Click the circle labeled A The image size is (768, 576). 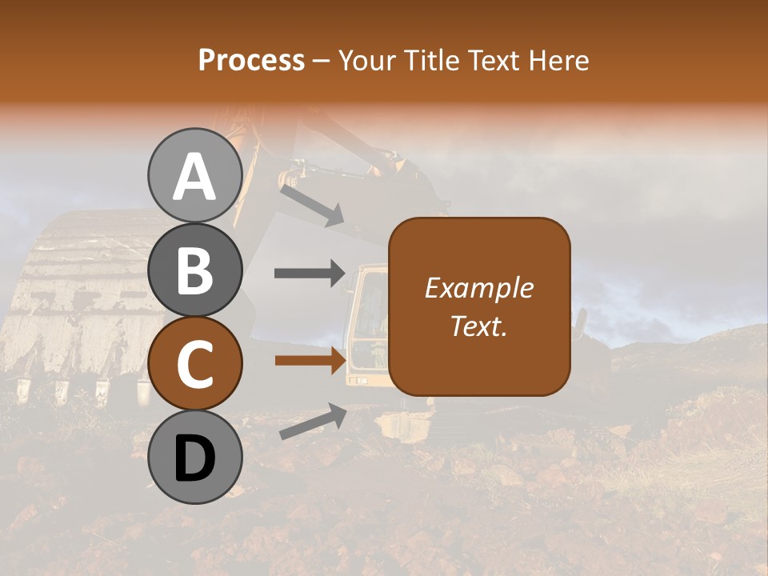[194, 175]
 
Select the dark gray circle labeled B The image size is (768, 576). [194, 270]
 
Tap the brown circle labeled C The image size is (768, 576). [194, 364]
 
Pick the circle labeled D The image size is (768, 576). [194, 458]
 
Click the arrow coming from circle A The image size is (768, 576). [312, 205]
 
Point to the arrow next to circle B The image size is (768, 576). [310, 274]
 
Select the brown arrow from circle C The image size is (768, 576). [310, 360]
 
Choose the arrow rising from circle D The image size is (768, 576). [313, 422]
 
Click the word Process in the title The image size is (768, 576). [251, 60]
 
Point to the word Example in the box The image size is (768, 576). [479, 288]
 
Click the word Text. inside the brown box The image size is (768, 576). [479, 326]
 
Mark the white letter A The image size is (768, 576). [194, 177]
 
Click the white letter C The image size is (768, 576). [194, 365]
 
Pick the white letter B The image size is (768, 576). [194, 270]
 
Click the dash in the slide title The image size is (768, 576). [322, 61]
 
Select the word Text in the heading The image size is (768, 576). [491, 60]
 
